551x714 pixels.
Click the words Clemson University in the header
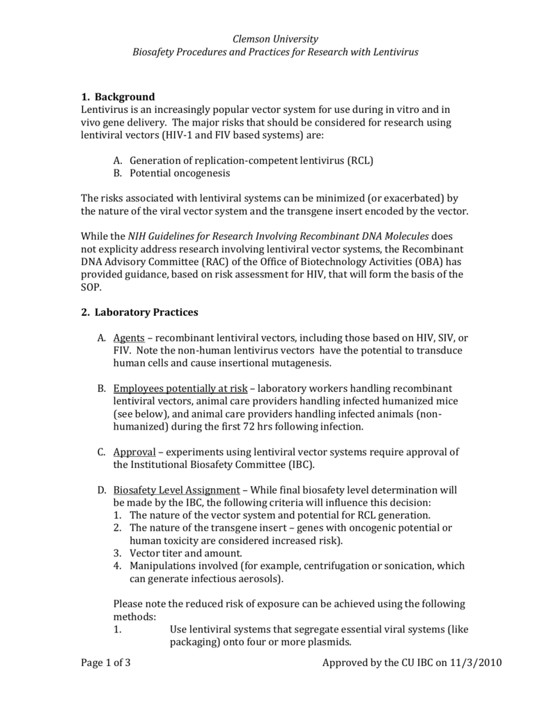275,39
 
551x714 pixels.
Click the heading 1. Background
118,96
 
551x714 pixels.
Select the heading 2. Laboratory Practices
139,312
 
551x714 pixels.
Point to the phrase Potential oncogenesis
180,173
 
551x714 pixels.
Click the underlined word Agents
129,337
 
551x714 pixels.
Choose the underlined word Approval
134,452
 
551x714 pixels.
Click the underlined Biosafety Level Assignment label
176,489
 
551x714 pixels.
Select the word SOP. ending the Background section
91,287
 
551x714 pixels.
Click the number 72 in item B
256,426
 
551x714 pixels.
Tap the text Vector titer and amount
186,553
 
